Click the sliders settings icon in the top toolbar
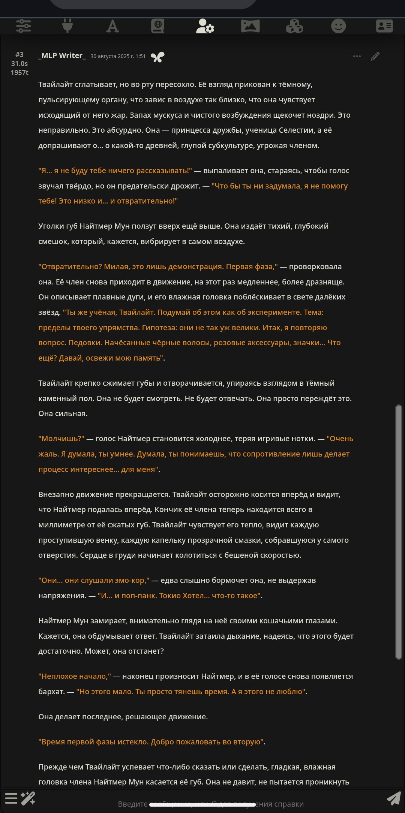click(x=24, y=26)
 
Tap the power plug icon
click(x=67, y=26)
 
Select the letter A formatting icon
click(x=112, y=26)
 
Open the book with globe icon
click(x=158, y=26)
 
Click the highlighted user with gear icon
click(x=205, y=26)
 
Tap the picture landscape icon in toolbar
click(x=250, y=26)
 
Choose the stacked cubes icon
click(x=294, y=26)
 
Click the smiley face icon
click(x=339, y=26)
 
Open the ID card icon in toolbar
click(x=384, y=26)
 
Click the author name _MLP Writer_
click(x=62, y=56)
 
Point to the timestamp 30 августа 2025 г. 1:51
click(x=118, y=56)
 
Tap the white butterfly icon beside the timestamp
click(x=157, y=57)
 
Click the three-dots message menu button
click(x=357, y=56)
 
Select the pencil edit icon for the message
click(x=375, y=56)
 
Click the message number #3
click(x=19, y=55)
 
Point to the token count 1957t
click(x=19, y=72)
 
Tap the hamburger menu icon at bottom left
click(x=11, y=798)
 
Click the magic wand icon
click(x=28, y=798)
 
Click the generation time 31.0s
click(x=19, y=64)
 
